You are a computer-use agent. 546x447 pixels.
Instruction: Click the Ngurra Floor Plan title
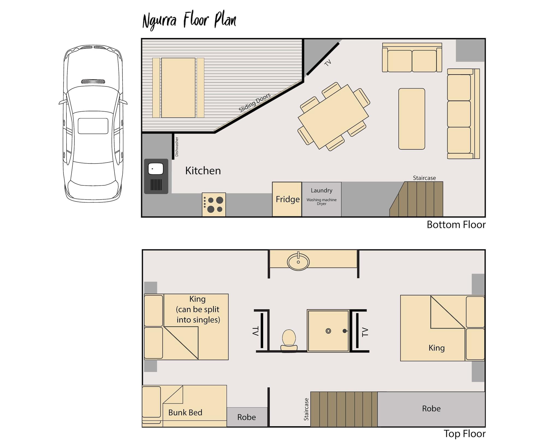pos(189,21)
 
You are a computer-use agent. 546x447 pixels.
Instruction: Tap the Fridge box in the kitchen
pos(287,199)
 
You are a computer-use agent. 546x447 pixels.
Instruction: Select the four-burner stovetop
pos(214,205)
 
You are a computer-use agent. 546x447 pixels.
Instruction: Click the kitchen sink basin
pos(156,169)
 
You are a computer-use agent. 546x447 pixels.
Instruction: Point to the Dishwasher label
pos(177,147)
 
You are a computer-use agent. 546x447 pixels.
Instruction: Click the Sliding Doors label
pos(254,102)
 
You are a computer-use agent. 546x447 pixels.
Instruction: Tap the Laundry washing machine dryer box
pos(321,199)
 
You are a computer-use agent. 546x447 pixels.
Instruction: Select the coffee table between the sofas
pos(411,119)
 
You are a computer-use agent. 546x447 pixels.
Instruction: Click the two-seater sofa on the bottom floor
pos(412,58)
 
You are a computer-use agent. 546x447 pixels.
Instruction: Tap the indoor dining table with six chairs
pos(333,117)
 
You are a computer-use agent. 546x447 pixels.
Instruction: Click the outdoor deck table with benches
pos(178,88)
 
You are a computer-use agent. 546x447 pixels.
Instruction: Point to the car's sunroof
pos(93,126)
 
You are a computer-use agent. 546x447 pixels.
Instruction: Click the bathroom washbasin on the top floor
pos(298,262)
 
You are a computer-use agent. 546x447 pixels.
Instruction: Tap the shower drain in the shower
pos(328,331)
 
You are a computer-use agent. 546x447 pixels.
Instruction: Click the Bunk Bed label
pos(185,413)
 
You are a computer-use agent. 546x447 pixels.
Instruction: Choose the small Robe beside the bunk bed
pos(247,417)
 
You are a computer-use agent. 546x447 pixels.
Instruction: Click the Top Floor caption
pos(464,434)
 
